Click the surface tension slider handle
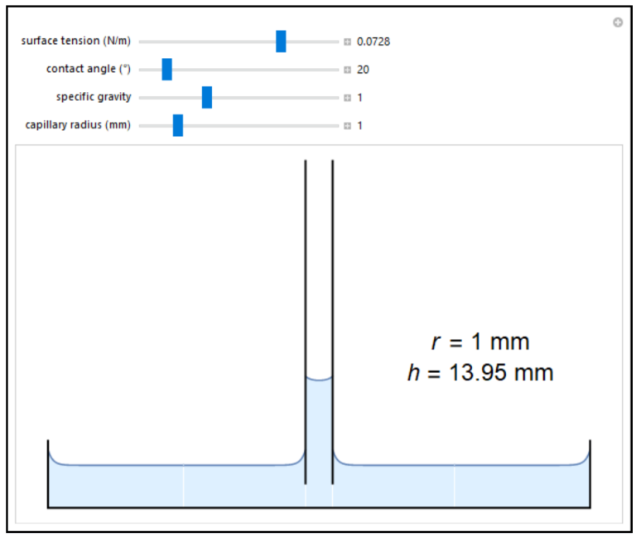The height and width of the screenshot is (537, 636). click(281, 41)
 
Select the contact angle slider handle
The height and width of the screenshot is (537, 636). click(166, 70)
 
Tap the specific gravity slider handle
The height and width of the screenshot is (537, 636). click(207, 98)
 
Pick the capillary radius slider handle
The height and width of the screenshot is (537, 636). click(178, 125)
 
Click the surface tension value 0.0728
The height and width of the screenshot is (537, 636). click(373, 41)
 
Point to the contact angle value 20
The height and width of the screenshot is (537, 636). click(363, 70)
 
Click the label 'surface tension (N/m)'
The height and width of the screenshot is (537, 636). click(76, 41)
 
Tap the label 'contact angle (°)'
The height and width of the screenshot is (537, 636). click(89, 69)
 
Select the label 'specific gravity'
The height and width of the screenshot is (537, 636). click(94, 97)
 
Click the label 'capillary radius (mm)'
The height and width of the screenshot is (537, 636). click(78, 125)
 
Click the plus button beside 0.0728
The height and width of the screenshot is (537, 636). click(347, 41)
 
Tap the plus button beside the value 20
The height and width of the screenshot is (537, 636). click(347, 70)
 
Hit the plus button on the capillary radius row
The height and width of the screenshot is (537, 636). click(347, 126)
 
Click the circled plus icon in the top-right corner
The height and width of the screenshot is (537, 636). click(618, 22)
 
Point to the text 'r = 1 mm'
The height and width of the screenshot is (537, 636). click(480, 341)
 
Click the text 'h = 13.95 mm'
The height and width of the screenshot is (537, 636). click(480, 373)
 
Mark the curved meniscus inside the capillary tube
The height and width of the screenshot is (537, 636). click(319, 378)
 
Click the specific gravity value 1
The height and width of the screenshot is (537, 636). click(359, 98)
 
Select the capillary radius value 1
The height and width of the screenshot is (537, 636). click(359, 126)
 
